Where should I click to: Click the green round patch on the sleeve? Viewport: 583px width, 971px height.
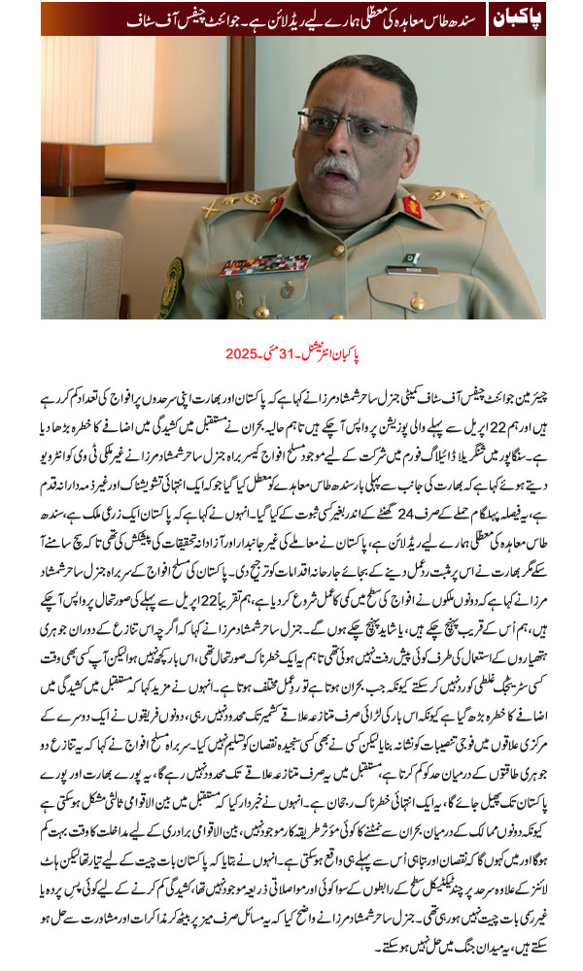[172, 288]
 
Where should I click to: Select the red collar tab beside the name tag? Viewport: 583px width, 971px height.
[413, 207]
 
